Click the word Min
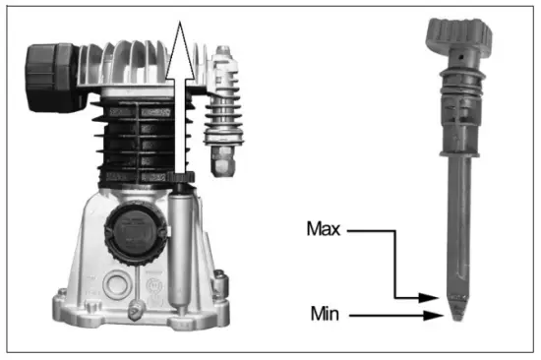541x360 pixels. (x=327, y=317)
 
